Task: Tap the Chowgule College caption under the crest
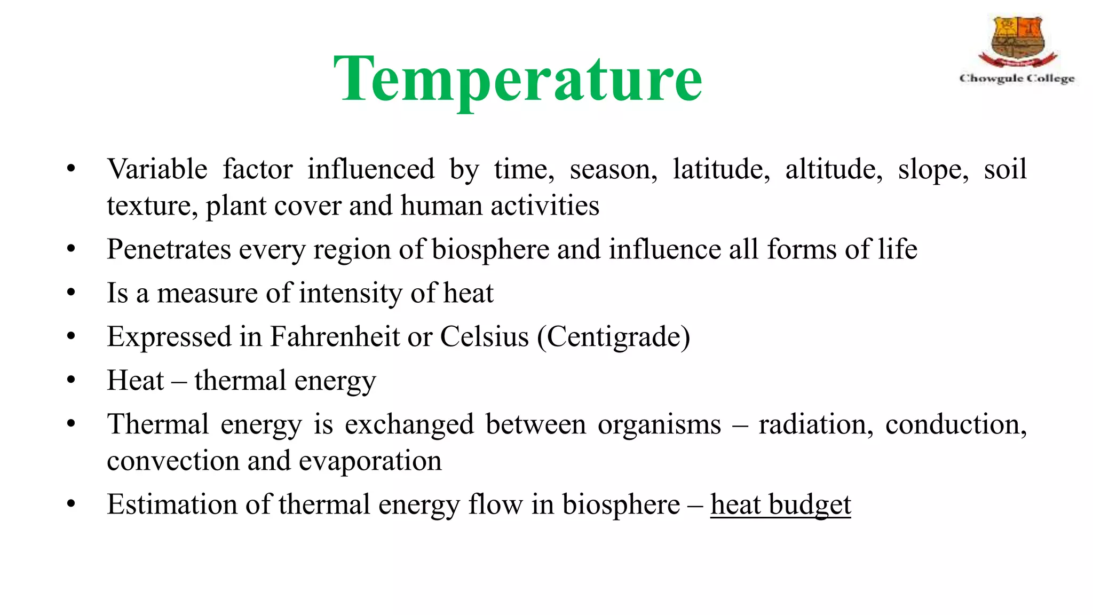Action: (1017, 78)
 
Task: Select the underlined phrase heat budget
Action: (780, 504)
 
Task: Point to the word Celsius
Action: (484, 337)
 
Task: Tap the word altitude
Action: (834, 170)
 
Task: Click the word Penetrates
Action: (169, 249)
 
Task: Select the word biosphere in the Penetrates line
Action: (490, 250)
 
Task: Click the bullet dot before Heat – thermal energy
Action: (72, 380)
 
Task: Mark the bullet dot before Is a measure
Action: (72, 293)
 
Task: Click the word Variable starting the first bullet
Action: (157, 170)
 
